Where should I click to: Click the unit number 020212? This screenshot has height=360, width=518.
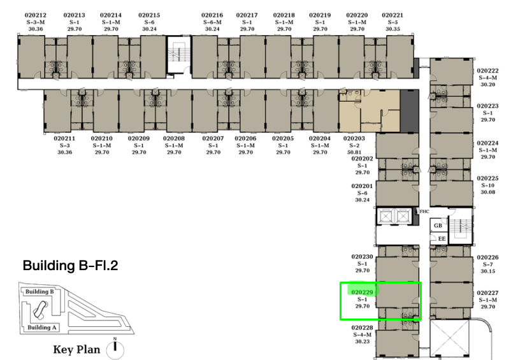35,15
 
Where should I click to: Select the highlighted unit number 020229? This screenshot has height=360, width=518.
362,292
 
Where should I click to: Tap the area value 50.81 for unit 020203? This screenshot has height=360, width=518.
354,152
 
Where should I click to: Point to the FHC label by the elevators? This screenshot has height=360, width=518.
424,212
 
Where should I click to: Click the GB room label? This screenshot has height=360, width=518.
438,226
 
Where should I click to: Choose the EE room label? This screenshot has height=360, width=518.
442,238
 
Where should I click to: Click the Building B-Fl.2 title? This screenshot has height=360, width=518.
70,266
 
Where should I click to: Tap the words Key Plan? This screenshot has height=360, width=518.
76,349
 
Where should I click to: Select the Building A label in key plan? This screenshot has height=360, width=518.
42,328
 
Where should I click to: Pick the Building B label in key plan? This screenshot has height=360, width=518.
40,292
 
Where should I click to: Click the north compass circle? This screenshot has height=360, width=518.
115,350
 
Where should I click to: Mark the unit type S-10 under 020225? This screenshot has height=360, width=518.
487,185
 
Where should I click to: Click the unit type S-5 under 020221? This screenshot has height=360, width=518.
392,22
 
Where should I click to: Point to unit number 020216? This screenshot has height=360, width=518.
212,15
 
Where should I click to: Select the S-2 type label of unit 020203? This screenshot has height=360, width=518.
354,145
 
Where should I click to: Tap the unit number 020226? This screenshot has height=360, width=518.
487,257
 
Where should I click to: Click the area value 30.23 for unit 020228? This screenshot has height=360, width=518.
362,342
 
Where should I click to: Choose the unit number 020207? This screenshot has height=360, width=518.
213,138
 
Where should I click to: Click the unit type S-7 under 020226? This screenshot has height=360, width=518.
487,264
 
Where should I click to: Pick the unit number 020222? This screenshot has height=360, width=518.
487,71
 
